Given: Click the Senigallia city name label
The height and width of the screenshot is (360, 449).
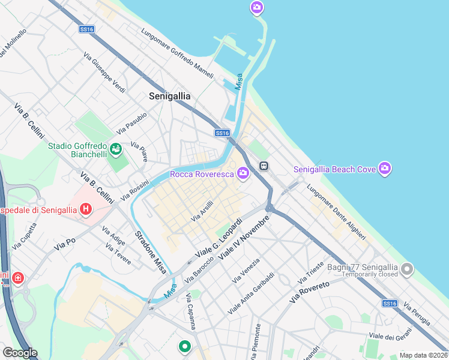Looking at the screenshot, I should [170, 96].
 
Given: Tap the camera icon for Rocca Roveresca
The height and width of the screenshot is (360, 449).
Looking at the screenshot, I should [243, 174].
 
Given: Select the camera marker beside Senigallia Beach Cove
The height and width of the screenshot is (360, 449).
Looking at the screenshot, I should [385, 169].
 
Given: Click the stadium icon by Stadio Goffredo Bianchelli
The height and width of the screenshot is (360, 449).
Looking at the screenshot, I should [116, 148].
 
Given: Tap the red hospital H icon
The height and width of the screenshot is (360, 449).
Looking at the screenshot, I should [86, 209].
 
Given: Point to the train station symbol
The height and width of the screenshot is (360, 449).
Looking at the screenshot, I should [263, 165].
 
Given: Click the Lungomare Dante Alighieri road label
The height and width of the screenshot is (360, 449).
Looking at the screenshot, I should [336, 213].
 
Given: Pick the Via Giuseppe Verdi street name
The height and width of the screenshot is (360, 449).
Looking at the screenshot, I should [104, 73].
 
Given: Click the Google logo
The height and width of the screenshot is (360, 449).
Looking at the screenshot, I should [20, 352].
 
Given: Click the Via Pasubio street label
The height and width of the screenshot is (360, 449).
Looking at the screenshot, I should [131, 124].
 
